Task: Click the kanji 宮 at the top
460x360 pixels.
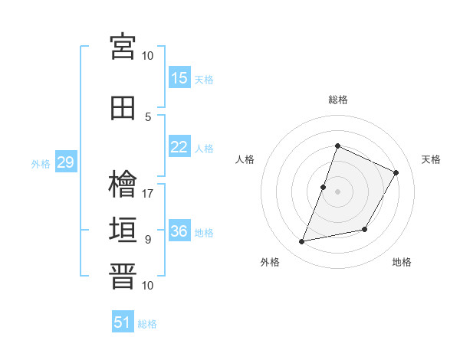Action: click(x=123, y=47)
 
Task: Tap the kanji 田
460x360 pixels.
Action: click(x=123, y=108)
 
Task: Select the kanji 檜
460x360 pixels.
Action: click(x=123, y=184)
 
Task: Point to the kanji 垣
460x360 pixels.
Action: click(x=123, y=230)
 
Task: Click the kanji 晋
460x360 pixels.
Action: click(x=123, y=276)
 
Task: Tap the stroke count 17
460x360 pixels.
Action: click(x=147, y=194)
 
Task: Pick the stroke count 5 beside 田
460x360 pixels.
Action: click(x=148, y=117)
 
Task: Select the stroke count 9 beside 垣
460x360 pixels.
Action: click(x=148, y=240)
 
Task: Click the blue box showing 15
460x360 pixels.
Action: click(x=179, y=77)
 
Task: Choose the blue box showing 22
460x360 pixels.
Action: click(x=179, y=146)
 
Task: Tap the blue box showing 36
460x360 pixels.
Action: click(x=179, y=230)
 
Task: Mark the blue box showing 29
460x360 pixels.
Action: click(x=66, y=162)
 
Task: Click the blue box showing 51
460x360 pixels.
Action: click(x=123, y=321)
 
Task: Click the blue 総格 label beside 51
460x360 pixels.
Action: click(x=147, y=324)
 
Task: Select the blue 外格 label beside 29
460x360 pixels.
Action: click(x=41, y=164)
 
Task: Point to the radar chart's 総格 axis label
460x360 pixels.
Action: click(x=338, y=100)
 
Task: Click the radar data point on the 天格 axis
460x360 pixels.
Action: click(x=396, y=172)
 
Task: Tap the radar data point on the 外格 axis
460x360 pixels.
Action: click(x=301, y=241)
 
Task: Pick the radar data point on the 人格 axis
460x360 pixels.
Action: click(x=323, y=188)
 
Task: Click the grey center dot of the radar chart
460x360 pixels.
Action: click(x=337, y=191)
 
